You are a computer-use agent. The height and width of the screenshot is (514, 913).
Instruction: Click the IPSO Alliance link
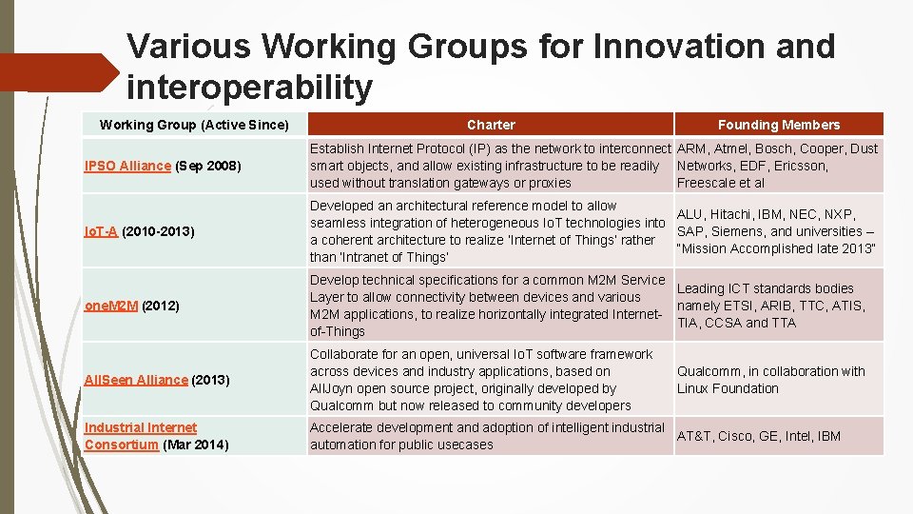click(127, 167)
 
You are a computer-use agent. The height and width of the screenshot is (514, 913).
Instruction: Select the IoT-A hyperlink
click(101, 231)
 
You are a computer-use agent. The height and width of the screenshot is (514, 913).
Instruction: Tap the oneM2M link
click(111, 306)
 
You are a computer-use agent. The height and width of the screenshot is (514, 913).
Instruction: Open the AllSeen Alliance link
click(136, 380)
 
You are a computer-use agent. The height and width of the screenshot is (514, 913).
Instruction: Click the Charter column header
click(491, 125)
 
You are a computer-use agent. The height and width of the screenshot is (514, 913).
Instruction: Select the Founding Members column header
click(778, 125)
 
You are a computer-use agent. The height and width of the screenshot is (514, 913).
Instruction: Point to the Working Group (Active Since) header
click(194, 125)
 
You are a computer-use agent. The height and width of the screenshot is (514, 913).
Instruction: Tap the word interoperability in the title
click(249, 88)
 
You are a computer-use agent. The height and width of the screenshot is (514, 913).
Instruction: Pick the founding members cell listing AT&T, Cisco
click(758, 436)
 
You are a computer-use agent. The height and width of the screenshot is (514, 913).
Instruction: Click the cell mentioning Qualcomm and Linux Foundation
click(770, 380)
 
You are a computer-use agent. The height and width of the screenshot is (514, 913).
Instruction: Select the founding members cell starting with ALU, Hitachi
click(775, 231)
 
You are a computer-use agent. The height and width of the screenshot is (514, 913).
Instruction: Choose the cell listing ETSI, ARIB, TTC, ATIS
click(770, 306)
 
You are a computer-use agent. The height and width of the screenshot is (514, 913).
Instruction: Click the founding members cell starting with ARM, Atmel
click(777, 166)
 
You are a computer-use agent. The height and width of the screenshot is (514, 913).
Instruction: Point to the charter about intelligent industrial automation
click(487, 436)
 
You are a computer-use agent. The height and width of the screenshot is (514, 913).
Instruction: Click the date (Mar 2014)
click(196, 445)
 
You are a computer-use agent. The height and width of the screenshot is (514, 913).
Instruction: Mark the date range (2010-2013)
click(158, 231)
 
